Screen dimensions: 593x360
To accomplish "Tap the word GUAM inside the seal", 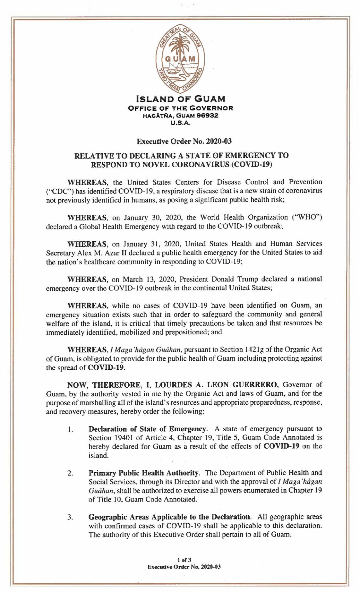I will (180, 59).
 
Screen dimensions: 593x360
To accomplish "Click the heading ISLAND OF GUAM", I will (181, 99).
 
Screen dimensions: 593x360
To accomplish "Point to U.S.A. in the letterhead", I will (181, 122).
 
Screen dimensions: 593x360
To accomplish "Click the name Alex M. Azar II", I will (90, 253).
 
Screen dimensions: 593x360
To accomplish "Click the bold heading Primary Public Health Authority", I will (144, 473).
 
